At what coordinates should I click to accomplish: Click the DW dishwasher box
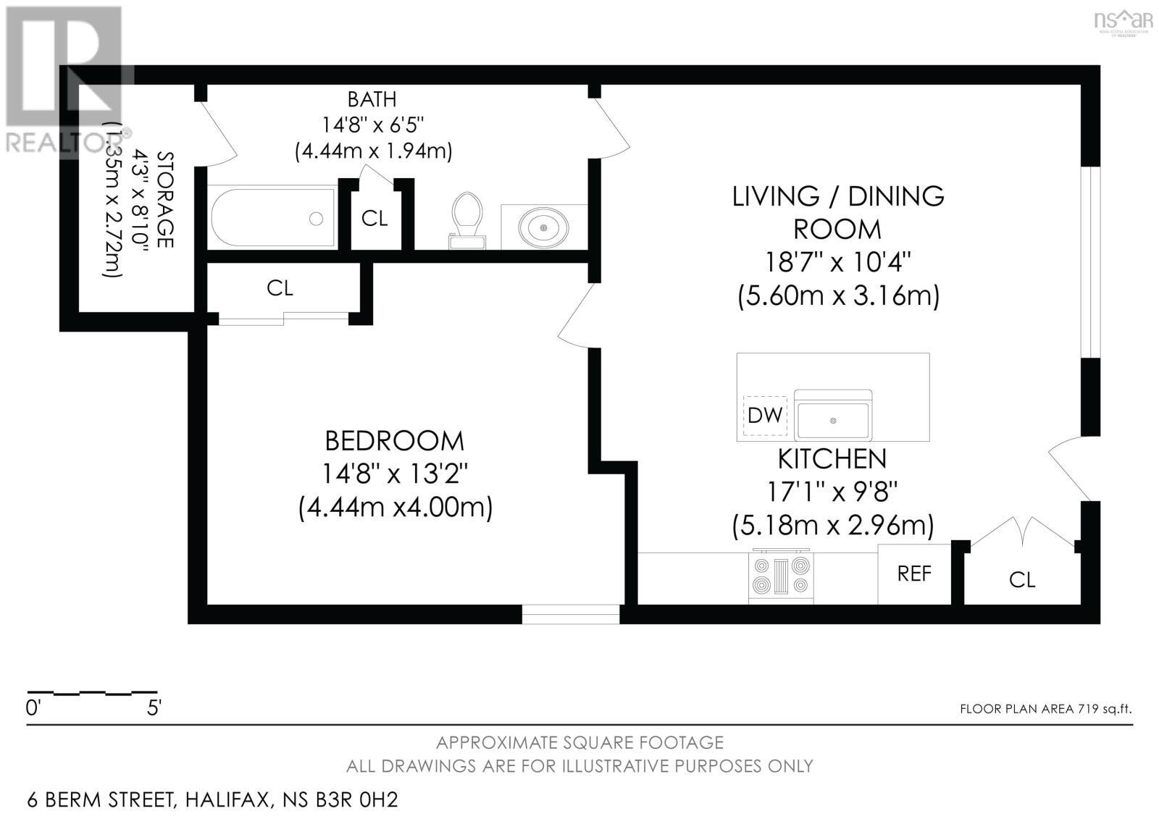pos(765,416)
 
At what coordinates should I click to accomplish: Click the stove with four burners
pos(782,576)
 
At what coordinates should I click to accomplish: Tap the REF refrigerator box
pos(913,574)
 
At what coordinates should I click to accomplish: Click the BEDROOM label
pos(395,441)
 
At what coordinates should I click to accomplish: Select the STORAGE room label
pos(165,199)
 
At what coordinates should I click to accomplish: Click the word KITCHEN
pos(832,459)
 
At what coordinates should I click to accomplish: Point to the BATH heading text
pos(372,99)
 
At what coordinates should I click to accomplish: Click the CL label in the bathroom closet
pos(375,219)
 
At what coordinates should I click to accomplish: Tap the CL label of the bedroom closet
pos(280,288)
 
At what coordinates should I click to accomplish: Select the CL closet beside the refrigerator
pos(1021,579)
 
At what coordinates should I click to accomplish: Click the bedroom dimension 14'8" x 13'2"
pos(395,474)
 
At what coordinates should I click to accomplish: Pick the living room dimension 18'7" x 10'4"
pos(837,261)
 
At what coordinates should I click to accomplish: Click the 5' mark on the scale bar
pos(154,707)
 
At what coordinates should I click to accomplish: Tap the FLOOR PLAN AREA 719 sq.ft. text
pos(1045,709)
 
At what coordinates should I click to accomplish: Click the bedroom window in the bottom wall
pos(571,614)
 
